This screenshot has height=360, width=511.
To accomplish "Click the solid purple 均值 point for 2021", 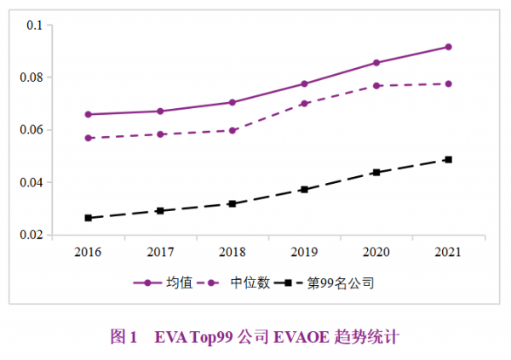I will tap(448, 47).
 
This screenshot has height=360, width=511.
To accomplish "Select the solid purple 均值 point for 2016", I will tap(88, 114).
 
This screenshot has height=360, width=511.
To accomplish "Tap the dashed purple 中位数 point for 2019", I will tap(304, 103).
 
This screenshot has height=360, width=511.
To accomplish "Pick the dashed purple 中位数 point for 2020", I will tap(376, 86).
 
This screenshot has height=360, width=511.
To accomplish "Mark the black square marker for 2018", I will tap(232, 203).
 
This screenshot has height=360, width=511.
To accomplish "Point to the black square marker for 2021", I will tap(448, 159).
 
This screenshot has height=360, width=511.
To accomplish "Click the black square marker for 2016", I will tap(88, 218).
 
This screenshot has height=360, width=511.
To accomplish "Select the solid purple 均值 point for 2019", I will tap(304, 83).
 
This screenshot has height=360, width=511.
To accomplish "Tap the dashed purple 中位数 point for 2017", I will tap(160, 134).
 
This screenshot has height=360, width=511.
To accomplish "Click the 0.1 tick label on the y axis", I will tap(34, 26).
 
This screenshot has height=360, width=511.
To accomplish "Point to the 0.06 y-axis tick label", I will tap(31, 130).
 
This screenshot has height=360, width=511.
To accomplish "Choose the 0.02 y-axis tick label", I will tap(31, 235).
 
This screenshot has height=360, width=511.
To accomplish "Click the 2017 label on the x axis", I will tap(160, 253).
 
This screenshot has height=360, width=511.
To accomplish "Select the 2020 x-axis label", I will tap(376, 253).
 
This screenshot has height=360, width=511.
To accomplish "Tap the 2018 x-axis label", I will tap(232, 253).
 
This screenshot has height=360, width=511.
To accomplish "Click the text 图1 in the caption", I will tap(124, 337).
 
